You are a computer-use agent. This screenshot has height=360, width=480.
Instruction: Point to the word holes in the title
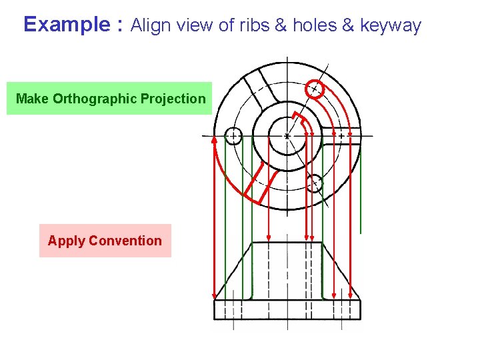(314, 26)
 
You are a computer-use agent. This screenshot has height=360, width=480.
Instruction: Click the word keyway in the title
(391, 27)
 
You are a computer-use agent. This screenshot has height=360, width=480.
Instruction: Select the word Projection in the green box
(174, 99)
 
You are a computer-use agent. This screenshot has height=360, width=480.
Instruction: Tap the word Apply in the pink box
(65, 241)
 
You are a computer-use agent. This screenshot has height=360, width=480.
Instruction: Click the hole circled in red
(314, 89)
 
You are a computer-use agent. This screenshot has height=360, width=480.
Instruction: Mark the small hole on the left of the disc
(233, 136)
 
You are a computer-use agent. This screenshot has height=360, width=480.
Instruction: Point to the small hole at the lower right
(315, 183)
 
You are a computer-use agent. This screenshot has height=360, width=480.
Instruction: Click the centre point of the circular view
(287, 135)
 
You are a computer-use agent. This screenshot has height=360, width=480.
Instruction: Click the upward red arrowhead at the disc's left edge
(215, 141)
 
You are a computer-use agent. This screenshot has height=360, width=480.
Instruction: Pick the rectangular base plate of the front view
(287, 309)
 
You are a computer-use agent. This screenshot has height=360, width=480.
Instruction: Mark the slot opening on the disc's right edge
(349, 135)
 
